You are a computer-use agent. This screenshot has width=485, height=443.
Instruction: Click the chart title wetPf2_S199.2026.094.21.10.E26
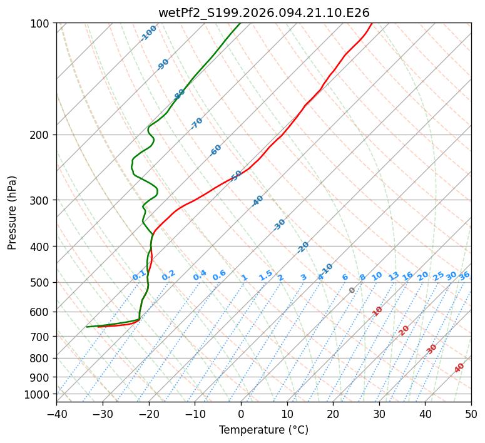pos(263,13)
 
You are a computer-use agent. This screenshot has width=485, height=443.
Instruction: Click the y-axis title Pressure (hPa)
pos(13,212)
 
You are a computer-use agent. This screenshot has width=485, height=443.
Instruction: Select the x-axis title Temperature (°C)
pos(263,430)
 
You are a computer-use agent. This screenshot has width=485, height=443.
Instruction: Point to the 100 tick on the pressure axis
pos(41,24)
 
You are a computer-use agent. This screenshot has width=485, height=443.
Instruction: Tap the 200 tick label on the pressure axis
pos(41,135)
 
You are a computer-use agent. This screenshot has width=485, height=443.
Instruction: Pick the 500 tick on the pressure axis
pos(41,283)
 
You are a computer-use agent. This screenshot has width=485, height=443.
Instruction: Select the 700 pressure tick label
pos(41,337)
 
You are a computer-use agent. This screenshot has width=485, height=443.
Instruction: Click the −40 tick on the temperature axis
pos(56,414)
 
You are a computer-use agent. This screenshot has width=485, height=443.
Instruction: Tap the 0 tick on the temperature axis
pos(241,414)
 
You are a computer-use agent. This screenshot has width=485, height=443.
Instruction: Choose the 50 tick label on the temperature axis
pos(471,414)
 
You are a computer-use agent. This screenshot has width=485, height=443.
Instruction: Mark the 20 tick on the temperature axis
pos(333,414)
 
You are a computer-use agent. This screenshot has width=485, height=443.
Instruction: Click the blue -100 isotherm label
pos(149,33)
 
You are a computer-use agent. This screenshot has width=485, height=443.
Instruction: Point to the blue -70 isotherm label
pos(197,123)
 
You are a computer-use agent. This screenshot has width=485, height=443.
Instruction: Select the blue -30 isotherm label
pos(279,225)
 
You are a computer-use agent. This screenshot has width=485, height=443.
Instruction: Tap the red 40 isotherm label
pos(459,368)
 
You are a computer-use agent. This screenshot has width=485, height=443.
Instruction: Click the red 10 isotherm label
pos(377,311)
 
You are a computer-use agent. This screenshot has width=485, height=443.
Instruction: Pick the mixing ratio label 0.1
pos(139,276)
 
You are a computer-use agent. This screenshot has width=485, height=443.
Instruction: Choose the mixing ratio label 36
pos(464,276)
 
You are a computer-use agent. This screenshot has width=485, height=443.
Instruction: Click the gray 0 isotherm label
pos(352,290)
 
